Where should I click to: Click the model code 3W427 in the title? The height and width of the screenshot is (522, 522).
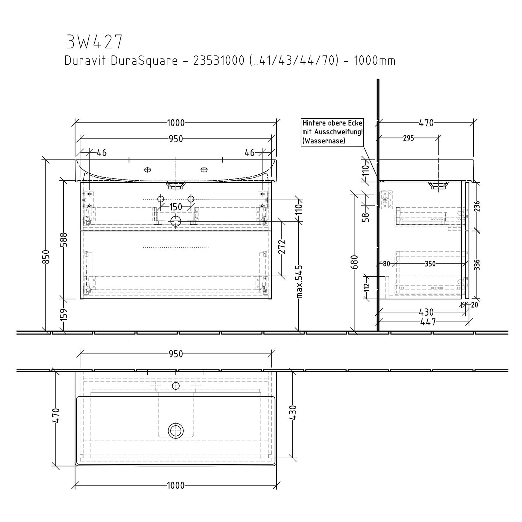click(94, 42)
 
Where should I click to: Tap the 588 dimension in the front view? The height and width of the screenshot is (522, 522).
click(64, 239)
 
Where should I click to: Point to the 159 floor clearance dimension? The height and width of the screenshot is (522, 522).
click(64, 315)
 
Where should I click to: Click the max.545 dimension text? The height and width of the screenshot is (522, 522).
click(300, 282)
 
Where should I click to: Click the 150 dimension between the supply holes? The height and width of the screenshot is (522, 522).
click(176, 207)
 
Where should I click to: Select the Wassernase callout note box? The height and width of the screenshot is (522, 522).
click(332, 132)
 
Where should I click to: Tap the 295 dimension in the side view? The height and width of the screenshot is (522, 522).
click(409, 138)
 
